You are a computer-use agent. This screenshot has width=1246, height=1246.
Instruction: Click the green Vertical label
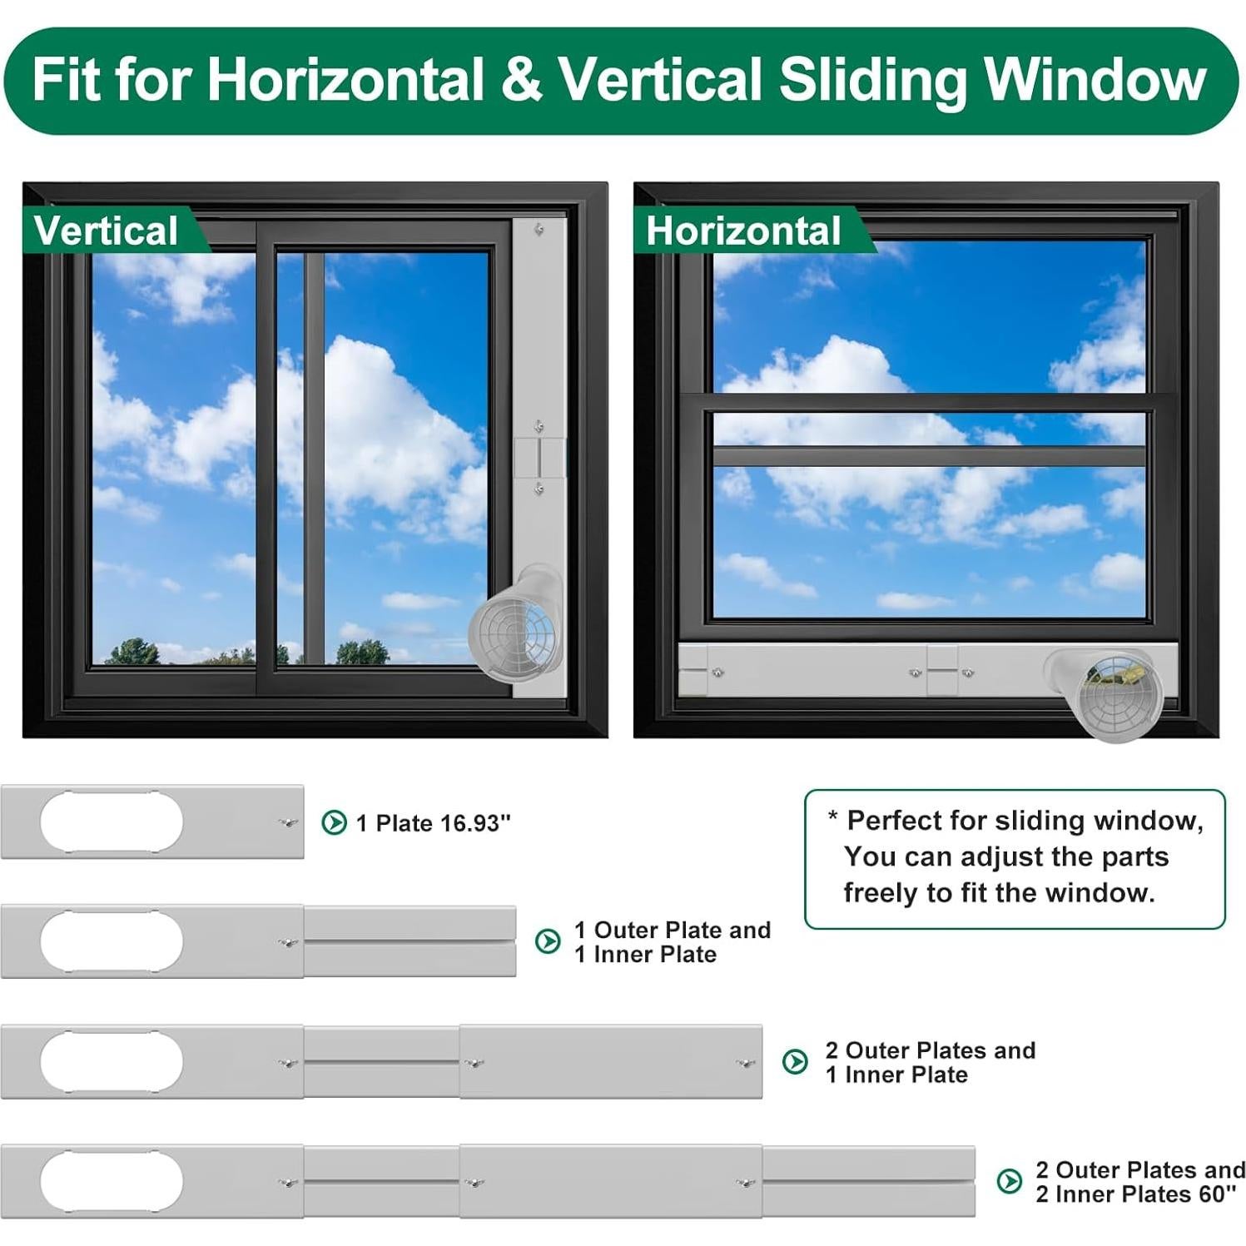click(x=106, y=231)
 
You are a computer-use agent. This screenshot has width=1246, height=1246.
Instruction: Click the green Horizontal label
click(x=743, y=231)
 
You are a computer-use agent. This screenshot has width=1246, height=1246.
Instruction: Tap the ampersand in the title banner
click(x=521, y=80)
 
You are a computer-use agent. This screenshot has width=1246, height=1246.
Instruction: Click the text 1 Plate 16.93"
click(x=433, y=823)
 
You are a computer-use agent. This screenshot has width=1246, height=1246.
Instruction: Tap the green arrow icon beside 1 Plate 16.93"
click(x=334, y=822)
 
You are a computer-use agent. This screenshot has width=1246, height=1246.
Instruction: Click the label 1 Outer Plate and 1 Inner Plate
click(x=672, y=941)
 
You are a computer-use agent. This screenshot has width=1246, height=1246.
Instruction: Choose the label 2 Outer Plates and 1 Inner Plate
click(x=930, y=1062)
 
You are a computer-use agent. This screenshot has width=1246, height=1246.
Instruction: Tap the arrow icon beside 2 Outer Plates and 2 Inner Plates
click(x=1009, y=1181)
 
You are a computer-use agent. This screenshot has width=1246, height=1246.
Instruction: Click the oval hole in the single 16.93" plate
click(x=112, y=822)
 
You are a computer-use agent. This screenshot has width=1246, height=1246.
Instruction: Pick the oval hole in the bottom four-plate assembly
click(x=112, y=1182)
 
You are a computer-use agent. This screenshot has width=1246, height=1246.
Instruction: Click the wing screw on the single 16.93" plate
click(x=288, y=822)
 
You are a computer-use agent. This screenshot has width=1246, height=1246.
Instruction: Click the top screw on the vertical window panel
click(x=539, y=229)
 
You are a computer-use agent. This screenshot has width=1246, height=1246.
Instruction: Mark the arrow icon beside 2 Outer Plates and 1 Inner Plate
click(x=795, y=1061)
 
